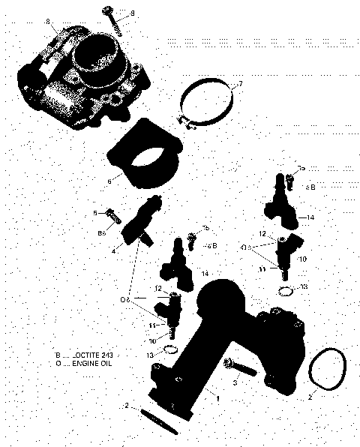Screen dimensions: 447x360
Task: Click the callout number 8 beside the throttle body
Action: point(49,22)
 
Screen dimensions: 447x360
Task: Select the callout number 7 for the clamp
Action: point(240,82)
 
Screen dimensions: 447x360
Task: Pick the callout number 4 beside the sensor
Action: point(114,250)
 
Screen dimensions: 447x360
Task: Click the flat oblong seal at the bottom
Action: point(158,420)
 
